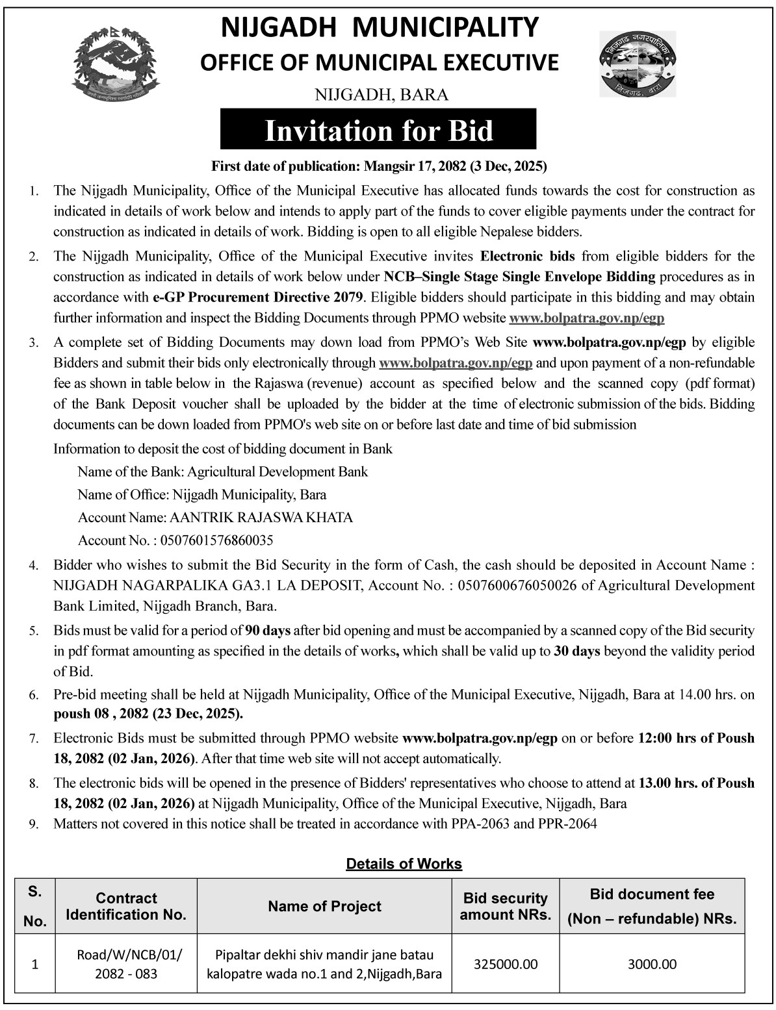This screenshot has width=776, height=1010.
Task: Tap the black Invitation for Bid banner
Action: (x=378, y=131)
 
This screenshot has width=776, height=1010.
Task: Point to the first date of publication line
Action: (x=380, y=167)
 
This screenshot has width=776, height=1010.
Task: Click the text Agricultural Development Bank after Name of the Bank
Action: (x=270, y=472)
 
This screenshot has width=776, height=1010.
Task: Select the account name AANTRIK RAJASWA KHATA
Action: (x=261, y=518)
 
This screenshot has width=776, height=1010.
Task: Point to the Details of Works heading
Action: (x=404, y=864)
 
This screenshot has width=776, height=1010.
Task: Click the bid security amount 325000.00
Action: (x=505, y=965)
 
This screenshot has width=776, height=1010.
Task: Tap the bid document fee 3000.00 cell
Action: (x=652, y=965)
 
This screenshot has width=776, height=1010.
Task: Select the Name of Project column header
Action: (x=324, y=906)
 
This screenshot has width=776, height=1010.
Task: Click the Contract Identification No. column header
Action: (x=126, y=906)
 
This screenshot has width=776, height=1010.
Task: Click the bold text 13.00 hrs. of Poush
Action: (x=696, y=783)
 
